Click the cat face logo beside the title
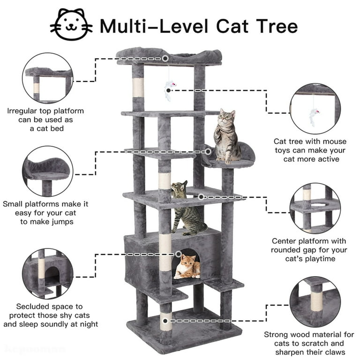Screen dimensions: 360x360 point(71,24)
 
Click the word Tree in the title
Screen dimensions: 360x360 point(277,26)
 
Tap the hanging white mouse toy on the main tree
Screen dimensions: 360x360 point(169,90)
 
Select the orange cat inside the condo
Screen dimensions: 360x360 point(187,267)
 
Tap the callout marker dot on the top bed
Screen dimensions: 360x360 point(165,59)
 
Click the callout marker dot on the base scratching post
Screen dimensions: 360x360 point(165,321)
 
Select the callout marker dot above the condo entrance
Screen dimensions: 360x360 point(179,254)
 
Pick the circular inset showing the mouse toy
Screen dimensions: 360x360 point(315,109)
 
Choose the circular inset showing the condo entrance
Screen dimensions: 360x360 point(48,273)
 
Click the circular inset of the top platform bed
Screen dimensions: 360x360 point(48,78)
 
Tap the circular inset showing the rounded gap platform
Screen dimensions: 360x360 point(315,209)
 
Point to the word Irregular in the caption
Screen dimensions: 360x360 point(22,111)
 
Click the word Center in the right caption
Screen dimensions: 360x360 point(284,241)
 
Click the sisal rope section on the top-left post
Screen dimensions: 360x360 point(138,88)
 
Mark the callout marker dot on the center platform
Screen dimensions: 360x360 point(201,197)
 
